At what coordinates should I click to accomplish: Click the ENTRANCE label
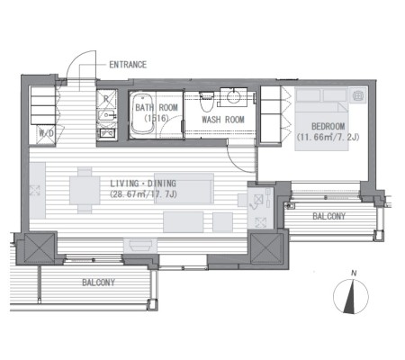pos(128,65)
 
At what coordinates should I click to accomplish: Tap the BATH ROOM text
pos(157,107)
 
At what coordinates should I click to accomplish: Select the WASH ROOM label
pos(223,120)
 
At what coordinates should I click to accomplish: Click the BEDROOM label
pos(328,126)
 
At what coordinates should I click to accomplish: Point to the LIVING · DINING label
pos(143,184)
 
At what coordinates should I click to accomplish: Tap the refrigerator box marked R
pos(106,99)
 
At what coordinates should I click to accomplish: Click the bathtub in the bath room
pos(141,114)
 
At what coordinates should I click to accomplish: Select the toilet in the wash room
pos(206,101)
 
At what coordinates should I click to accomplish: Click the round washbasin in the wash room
pos(233,96)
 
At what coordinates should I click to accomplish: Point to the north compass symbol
pos(351,296)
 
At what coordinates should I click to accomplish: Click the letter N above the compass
pos(355,274)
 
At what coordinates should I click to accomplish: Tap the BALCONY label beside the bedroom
pos(328,216)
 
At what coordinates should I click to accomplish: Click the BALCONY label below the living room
pos(98,283)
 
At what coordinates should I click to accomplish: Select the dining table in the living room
pos(85,191)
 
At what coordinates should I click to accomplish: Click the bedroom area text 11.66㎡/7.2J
pos(328,138)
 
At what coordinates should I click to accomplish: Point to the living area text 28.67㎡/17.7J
pos(143,194)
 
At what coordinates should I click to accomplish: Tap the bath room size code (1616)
pos(157,119)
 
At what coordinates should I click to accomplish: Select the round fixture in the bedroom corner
pos(357,95)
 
